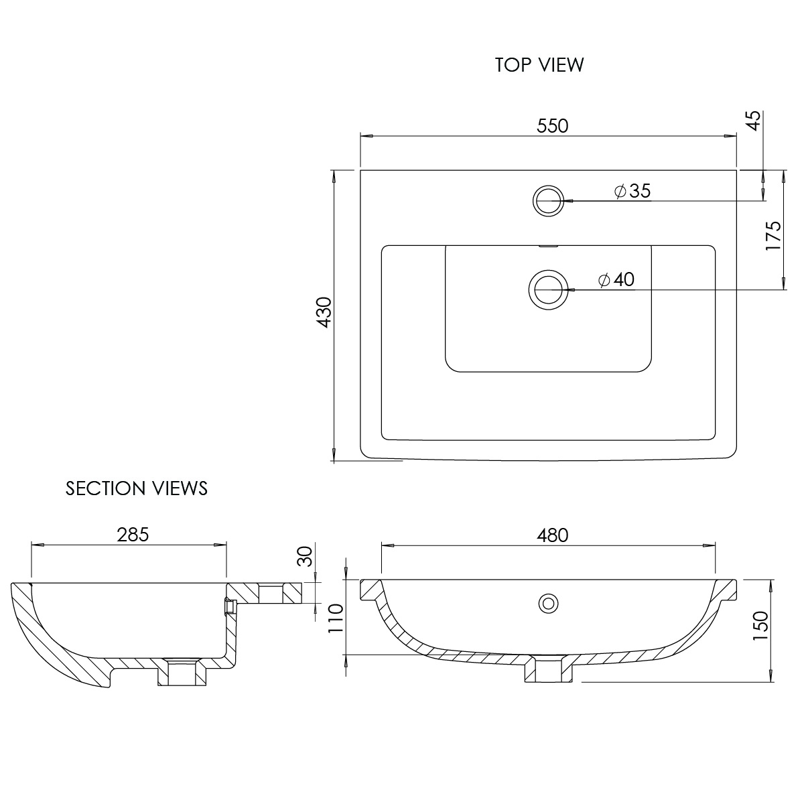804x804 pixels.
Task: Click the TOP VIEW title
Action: [x=539, y=65]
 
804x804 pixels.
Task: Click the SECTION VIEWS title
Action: [x=137, y=488]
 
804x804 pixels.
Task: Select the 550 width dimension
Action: [x=551, y=126]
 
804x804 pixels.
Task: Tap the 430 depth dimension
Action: [x=324, y=312]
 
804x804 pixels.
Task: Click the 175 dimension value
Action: [x=773, y=235]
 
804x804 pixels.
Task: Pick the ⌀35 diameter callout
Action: [x=632, y=191]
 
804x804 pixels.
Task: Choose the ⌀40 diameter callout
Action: [x=616, y=279]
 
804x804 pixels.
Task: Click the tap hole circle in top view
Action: [x=549, y=200]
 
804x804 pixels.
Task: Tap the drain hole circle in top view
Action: [x=549, y=289]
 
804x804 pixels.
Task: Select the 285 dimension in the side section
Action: [x=133, y=535]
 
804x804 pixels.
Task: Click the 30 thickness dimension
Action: [x=305, y=557]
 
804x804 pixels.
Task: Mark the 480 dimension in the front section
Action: [x=552, y=535]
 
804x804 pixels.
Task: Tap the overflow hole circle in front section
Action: [x=549, y=603]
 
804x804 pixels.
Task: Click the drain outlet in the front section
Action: [x=549, y=669]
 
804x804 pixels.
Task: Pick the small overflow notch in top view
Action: [x=549, y=247]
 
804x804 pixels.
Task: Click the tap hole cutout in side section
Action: [x=271, y=593]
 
